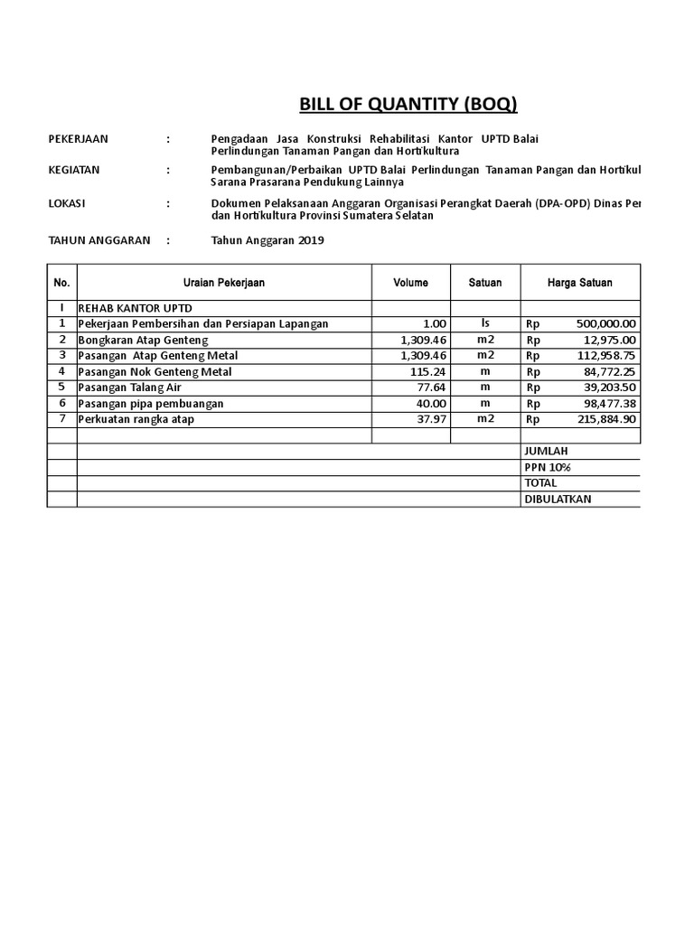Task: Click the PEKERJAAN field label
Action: (78, 138)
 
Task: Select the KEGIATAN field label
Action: (74, 170)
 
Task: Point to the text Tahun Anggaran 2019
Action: (267, 240)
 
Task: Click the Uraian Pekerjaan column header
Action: (224, 283)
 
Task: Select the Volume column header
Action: (410, 283)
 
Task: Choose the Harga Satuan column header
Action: (579, 283)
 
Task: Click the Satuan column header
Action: (485, 283)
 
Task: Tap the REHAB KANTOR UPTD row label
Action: (136, 308)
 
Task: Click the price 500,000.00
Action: (605, 323)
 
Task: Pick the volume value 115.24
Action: (428, 371)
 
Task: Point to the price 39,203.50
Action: (609, 388)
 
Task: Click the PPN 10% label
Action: (548, 467)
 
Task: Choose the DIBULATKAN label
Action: (558, 500)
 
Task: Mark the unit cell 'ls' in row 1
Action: (485, 323)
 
